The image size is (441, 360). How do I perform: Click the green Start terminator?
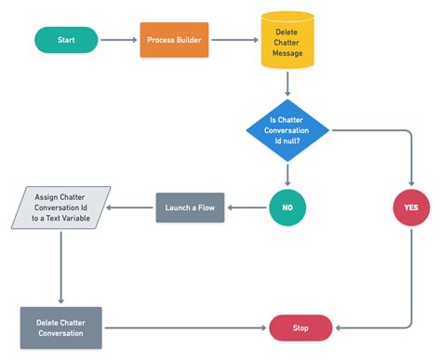tap(66, 40)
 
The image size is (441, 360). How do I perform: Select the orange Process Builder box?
tap(174, 40)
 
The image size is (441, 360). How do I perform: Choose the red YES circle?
tap(411, 207)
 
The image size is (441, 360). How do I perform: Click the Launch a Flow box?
tap(191, 207)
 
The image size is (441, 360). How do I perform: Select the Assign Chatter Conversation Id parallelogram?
tap(61, 207)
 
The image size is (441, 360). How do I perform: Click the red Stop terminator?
tap(301, 327)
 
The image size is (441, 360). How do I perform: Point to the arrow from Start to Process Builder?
tap(118, 40)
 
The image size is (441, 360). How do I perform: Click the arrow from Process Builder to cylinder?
tap(234, 40)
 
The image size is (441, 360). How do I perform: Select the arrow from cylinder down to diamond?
tap(287, 85)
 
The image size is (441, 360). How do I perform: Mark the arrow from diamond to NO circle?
tap(287, 171)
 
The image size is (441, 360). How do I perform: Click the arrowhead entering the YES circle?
tap(411, 183)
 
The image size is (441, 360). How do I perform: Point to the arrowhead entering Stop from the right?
tap(339, 327)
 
